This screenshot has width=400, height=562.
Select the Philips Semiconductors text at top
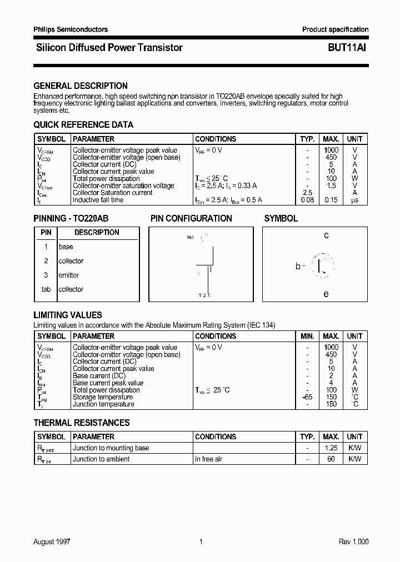(71, 29)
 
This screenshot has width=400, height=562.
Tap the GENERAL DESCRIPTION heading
(81, 86)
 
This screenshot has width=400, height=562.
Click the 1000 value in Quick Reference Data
(331, 150)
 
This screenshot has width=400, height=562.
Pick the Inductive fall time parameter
(98, 200)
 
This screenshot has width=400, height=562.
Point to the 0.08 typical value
(307, 200)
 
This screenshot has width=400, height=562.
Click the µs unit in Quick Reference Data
(354, 200)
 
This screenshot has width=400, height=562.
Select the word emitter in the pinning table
(69, 275)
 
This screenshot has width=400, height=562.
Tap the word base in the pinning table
(66, 247)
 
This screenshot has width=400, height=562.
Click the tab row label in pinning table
(46, 289)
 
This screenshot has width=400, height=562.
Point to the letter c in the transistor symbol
(326, 235)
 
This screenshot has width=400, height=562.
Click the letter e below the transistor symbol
(326, 294)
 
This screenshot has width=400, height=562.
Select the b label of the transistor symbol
(298, 267)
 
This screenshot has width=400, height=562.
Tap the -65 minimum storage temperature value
(307, 397)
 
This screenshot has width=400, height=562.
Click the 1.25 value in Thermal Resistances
(331, 448)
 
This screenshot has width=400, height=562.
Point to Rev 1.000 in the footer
(353, 542)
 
